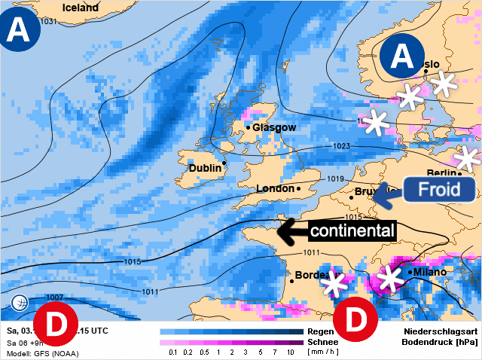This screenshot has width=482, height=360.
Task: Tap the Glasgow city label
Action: pyautogui.click(x=274, y=128)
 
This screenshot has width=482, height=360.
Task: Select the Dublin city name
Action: pyautogui.click(x=205, y=168)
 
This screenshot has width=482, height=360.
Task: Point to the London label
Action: pyautogui.click(x=276, y=188)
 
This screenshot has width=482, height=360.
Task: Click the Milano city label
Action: pyautogui.click(x=429, y=271)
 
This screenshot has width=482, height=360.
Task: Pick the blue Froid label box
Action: pyautogui.click(x=438, y=190)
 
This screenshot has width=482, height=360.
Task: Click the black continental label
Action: pyautogui.click(x=351, y=230)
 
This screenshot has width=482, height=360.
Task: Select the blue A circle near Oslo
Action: pyautogui.click(x=402, y=56)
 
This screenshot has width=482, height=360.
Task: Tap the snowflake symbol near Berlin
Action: pyautogui.click(x=468, y=159)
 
